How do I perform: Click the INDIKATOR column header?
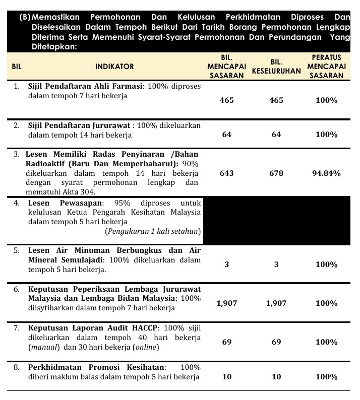point(114,66)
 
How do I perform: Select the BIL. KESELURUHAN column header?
point(276,66)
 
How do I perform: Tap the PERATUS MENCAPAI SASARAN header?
point(326,66)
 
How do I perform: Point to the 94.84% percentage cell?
point(326,173)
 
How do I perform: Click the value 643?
point(227,173)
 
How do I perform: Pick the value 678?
point(276,173)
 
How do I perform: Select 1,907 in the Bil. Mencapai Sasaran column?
point(227,303)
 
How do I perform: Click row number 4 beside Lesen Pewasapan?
point(17,203)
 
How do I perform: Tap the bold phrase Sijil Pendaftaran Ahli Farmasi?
point(85,86)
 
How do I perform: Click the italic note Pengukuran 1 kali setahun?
point(153,231)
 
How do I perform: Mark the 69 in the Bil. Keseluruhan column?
point(276,342)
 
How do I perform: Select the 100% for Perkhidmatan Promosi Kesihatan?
point(326,377)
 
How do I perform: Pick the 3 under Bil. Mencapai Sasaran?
point(227,264)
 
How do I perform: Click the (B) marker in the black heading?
point(25,17)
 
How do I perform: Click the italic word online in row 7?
point(146,347)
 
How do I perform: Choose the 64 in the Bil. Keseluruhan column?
point(276,135)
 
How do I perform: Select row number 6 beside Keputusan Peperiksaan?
point(17,289)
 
